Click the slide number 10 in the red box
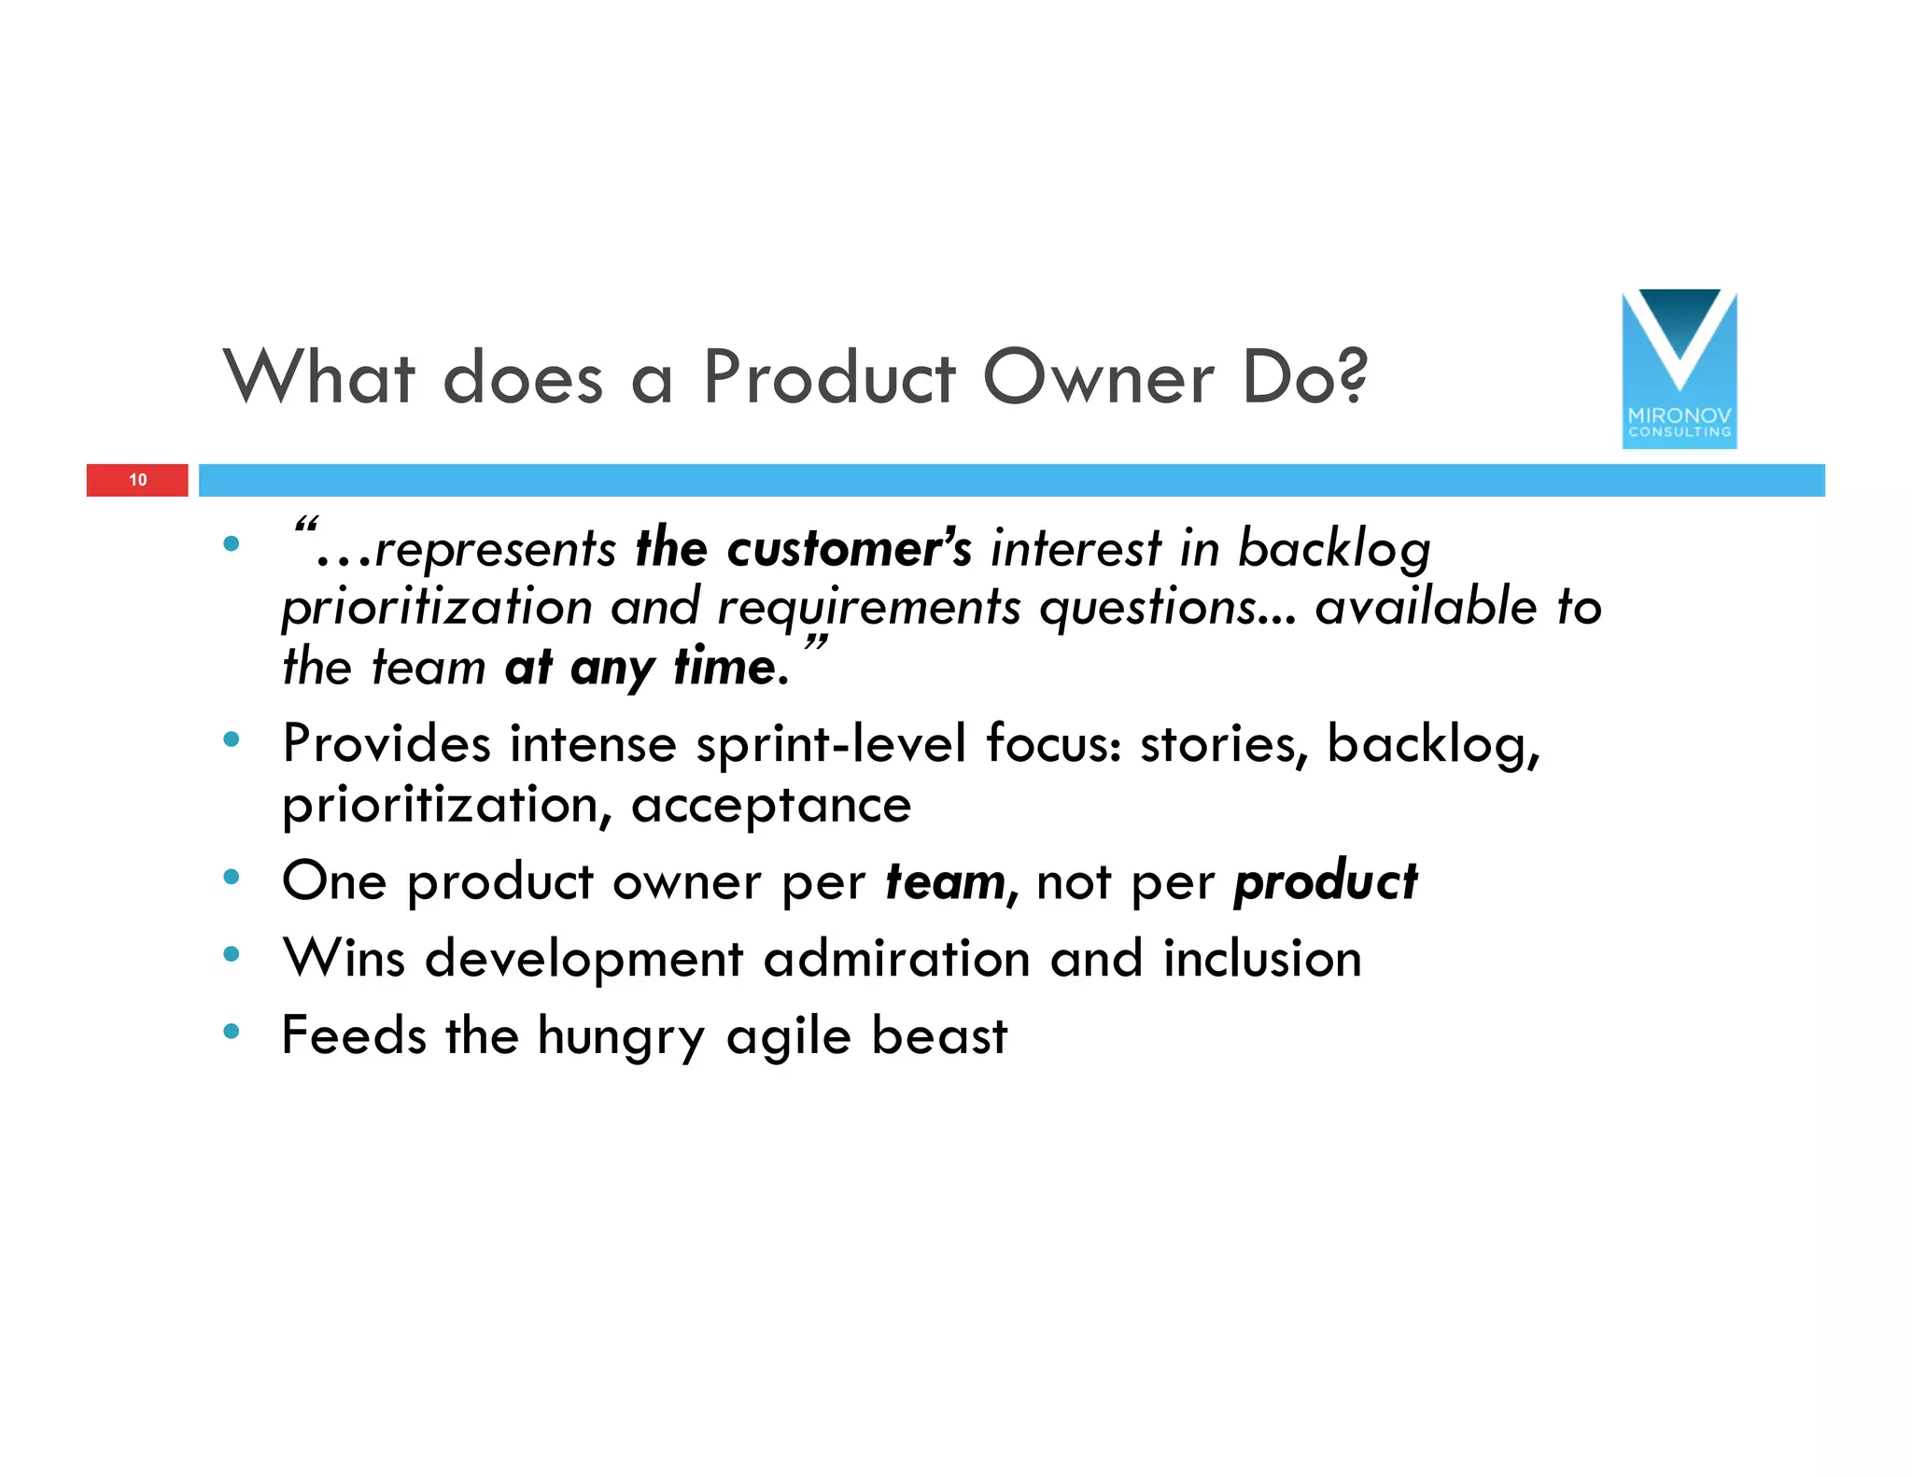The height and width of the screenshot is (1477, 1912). click(x=138, y=480)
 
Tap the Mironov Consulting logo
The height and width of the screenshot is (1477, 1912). click(x=1679, y=370)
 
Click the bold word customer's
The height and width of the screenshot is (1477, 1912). click(x=849, y=548)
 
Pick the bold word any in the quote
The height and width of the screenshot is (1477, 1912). click(x=612, y=669)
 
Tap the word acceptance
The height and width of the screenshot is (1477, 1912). click(x=771, y=805)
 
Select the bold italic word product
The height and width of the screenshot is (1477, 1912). click(x=1325, y=881)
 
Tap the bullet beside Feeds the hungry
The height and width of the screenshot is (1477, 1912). click(x=232, y=1032)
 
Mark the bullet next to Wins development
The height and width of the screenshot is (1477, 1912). click(x=232, y=954)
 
